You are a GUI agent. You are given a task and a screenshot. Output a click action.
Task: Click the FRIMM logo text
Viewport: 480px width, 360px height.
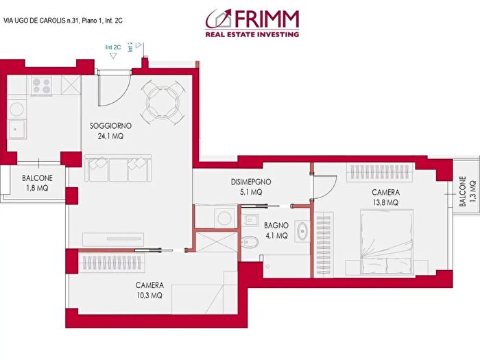[266, 16]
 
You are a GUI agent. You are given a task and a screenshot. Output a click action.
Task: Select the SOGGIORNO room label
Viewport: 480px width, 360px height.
[110, 126]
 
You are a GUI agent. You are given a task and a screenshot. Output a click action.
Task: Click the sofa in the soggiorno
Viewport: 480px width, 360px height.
[117, 169]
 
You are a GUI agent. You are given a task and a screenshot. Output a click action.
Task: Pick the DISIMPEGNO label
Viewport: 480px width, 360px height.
[250, 182]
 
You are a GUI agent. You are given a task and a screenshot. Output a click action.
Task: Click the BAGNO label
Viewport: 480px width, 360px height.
[276, 225]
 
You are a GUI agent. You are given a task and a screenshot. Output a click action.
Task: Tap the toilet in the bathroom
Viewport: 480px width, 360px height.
[251, 242]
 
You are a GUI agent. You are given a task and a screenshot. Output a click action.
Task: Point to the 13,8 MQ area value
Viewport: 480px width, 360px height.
[385, 203]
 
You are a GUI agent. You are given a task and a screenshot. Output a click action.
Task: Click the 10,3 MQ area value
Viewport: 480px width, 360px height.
[149, 296]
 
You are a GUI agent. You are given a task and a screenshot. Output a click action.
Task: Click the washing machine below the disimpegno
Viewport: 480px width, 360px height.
[224, 217]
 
